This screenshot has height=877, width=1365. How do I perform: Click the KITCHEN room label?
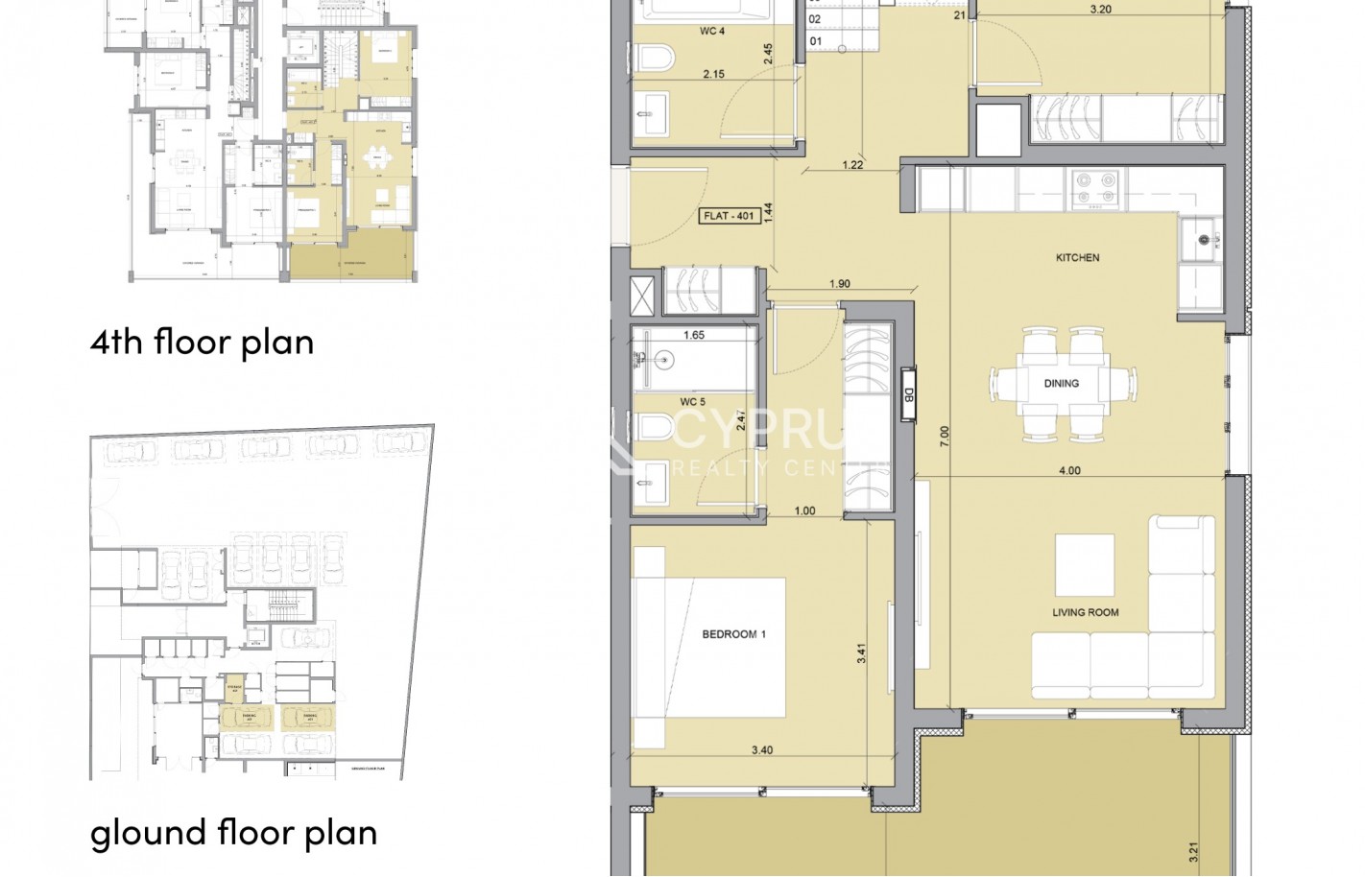[x=1077, y=257]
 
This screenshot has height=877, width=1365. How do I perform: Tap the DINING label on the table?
[x=1061, y=383]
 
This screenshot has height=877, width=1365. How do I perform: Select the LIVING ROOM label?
[x=1085, y=612]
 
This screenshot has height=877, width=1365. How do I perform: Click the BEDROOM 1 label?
[x=733, y=634]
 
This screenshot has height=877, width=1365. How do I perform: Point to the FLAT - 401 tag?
[x=730, y=216]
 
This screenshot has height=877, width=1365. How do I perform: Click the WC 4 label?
[x=711, y=31]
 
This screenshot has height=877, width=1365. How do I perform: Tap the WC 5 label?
[x=692, y=402]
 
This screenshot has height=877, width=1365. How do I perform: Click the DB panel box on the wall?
[x=908, y=394]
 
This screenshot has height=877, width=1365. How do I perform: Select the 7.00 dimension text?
[x=945, y=437]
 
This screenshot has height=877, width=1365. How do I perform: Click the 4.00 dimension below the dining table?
[x=1068, y=470]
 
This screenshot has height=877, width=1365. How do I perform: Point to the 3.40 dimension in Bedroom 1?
[x=761, y=750]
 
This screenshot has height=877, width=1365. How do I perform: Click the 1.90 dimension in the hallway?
[x=839, y=284]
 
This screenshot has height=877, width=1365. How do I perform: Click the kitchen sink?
[x=1203, y=239]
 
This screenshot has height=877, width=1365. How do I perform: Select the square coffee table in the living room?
[x=1084, y=565]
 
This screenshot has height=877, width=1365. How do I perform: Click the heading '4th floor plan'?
[x=202, y=342]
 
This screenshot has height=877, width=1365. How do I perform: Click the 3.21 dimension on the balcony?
[x=1193, y=851]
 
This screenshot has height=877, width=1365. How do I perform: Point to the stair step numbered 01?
[x=815, y=41]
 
